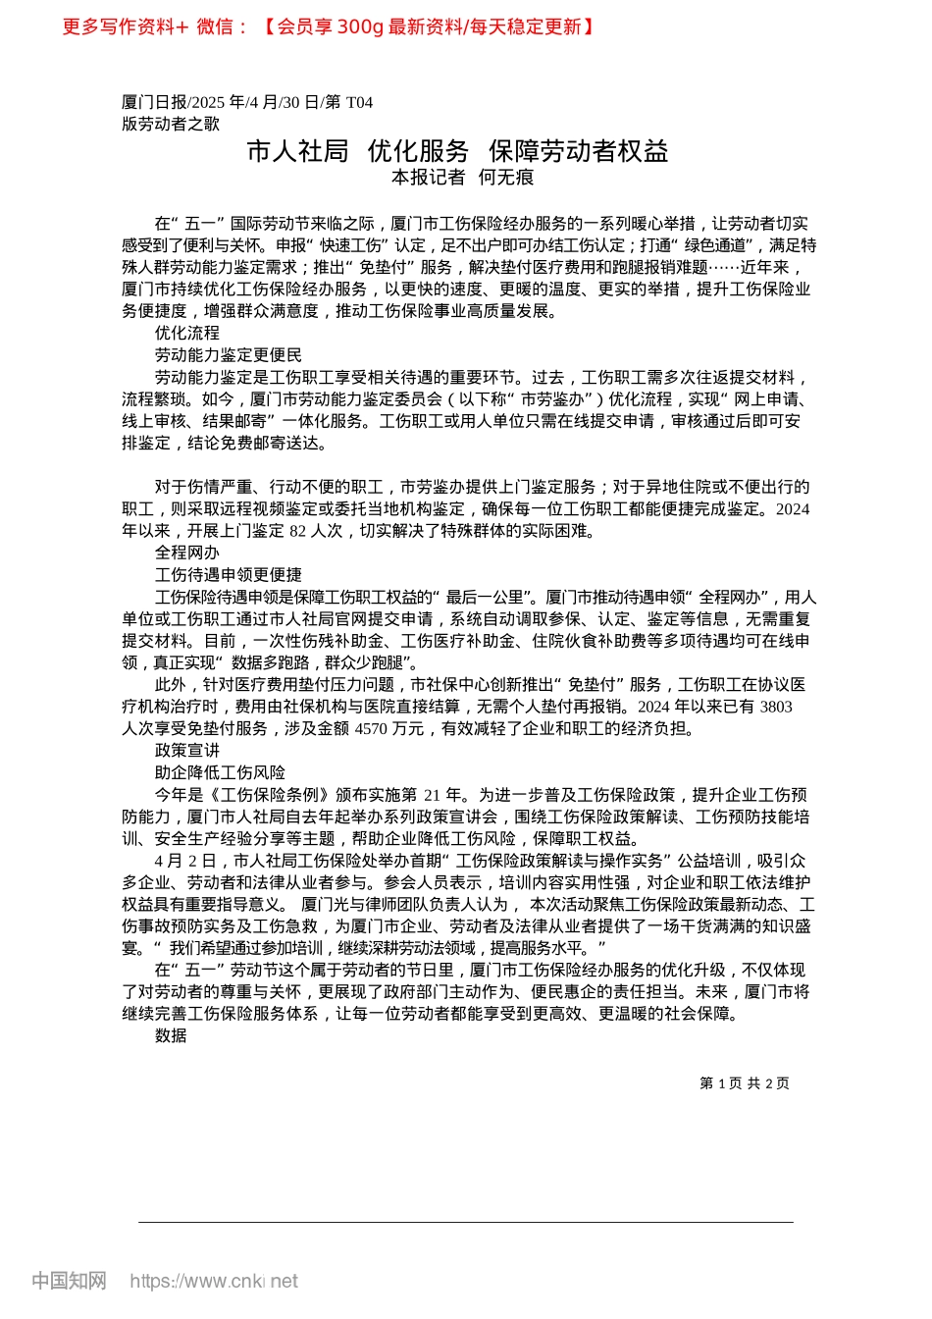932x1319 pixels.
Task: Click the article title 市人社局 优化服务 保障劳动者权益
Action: (457, 151)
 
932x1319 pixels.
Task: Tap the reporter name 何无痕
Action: (506, 178)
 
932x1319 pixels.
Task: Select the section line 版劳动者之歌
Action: (171, 124)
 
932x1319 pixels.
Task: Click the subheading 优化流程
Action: (187, 333)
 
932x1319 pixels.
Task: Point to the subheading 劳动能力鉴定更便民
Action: (229, 355)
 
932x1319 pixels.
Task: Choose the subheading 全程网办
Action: (187, 553)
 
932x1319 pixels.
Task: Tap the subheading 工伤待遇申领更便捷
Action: (229, 575)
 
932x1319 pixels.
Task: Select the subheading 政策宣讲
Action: (187, 751)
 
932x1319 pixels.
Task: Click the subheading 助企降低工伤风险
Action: (220, 772)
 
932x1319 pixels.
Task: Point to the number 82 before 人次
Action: (297, 531)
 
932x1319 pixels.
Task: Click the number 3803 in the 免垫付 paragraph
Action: (776, 707)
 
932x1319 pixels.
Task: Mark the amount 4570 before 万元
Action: (370, 728)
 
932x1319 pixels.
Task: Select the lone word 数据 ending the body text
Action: (171, 1035)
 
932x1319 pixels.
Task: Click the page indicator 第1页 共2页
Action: (745, 1083)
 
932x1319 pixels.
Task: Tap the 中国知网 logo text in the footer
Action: (69, 1281)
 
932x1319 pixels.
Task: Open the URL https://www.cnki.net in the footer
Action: (214, 1281)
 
